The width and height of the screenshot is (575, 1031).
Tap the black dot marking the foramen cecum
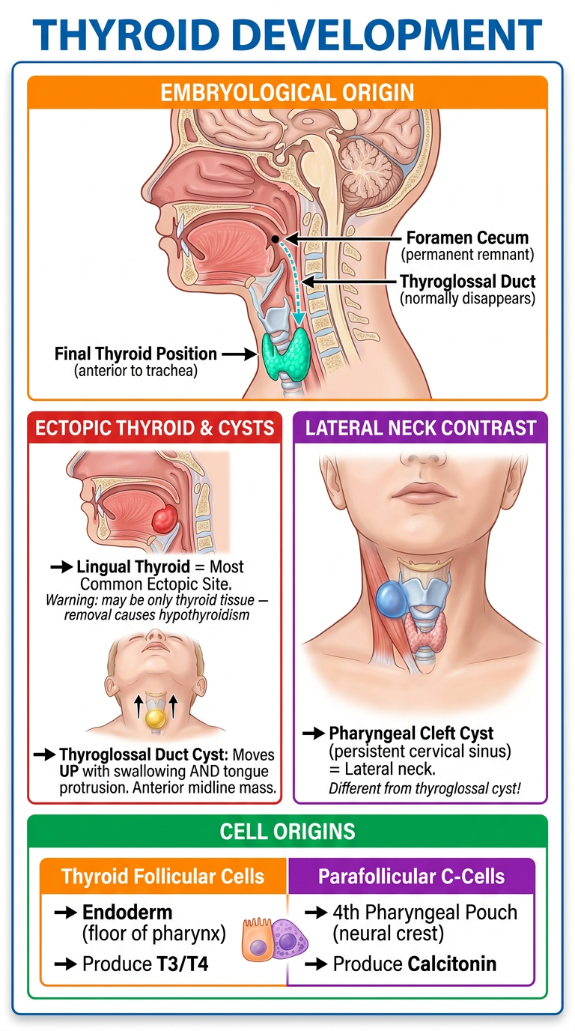[x=275, y=239]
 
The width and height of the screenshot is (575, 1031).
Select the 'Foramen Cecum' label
[x=467, y=238]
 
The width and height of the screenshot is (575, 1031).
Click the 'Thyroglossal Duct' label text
[x=467, y=281]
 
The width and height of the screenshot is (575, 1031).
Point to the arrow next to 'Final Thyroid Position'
[x=240, y=354]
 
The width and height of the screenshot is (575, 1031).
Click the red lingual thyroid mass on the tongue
[x=165, y=518]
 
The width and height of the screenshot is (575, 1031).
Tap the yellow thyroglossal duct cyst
[x=156, y=718]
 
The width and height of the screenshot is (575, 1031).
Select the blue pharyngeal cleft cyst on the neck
[x=392, y=599]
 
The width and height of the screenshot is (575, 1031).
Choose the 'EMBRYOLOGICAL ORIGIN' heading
[x=287, y=92]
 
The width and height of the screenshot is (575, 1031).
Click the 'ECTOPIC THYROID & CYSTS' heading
[x=154, y=428]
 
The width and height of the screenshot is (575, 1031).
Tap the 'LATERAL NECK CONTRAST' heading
[x=421, y=428]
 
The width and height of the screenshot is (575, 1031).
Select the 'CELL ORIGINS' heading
[x=287, y=832]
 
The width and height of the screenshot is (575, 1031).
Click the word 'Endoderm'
[x=127, y=913]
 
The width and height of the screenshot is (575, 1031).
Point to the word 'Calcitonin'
[x=452, y=964]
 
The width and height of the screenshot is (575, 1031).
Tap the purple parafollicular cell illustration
[x=288, y=940]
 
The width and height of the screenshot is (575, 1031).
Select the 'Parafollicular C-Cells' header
[x=411, y=877]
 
